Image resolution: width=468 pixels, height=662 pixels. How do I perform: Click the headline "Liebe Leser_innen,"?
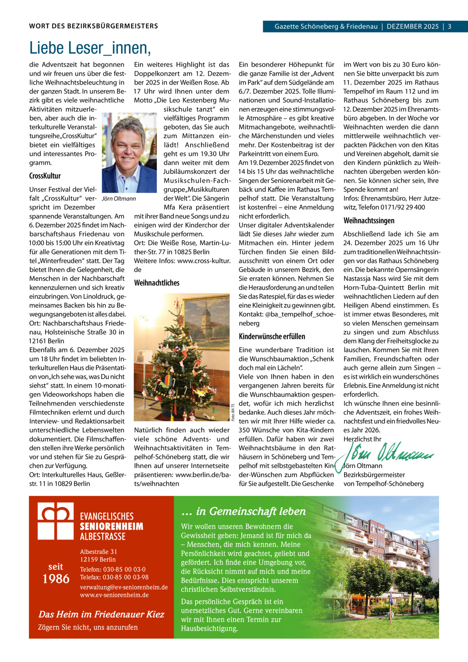click(90, 48)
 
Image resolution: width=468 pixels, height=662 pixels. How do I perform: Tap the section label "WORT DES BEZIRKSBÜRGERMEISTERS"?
click(94, 27)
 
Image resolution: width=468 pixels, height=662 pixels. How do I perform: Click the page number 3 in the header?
click(449, 27)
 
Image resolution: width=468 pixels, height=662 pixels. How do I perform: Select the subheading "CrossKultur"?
click(45, 176)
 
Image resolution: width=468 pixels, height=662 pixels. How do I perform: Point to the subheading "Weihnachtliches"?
click(156, 283)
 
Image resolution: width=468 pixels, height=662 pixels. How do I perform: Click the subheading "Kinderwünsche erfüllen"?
click(272, 336)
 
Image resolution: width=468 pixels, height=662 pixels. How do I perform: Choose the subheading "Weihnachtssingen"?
click(369, 221)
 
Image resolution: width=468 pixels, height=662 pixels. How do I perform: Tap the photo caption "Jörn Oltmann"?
click(119, 199)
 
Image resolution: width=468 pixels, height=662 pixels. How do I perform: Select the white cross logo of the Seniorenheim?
click(56, 521)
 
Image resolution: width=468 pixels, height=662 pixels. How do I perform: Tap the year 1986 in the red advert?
click(56, 579)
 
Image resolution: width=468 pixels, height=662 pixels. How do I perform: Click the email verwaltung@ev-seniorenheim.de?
click(124, 587)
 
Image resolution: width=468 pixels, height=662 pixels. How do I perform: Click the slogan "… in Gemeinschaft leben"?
click(243, 511)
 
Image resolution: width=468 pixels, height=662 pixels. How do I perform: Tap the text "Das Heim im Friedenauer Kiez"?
click(101, 614)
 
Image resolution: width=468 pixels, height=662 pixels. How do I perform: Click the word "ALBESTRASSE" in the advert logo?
click(103, 536)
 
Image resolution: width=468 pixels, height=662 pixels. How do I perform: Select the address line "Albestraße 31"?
click(98, 552)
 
